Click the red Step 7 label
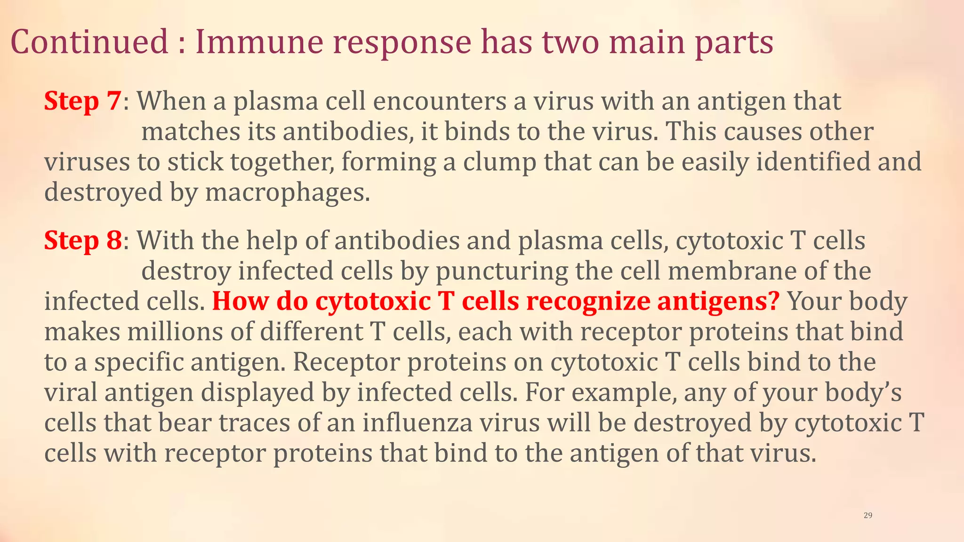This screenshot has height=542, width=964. pyautogui.click(x=82, y=101)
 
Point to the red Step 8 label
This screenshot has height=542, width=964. pyautogui.click(x=83, y=240)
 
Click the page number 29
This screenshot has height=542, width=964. pyautogui.click(x=868, y=515)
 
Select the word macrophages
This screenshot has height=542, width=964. pyautogui.click(x=287, y=192)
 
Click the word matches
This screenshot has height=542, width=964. pyautogui.click(x=191, y=132)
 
